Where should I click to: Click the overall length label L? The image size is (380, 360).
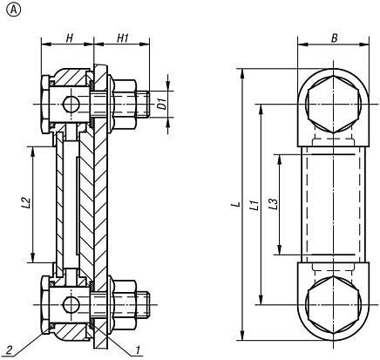[x=235, y=205]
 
